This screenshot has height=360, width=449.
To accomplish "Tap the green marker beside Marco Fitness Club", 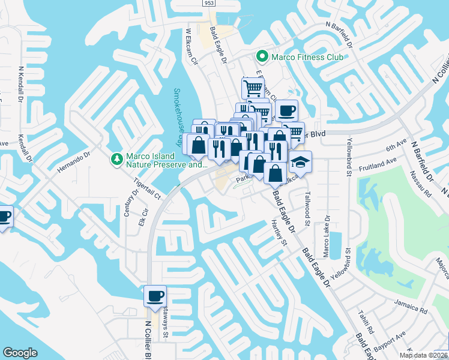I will point(261,57).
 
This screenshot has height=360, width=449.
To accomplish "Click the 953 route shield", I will point(208,2).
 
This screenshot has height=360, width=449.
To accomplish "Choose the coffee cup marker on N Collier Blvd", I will point(155,296).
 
